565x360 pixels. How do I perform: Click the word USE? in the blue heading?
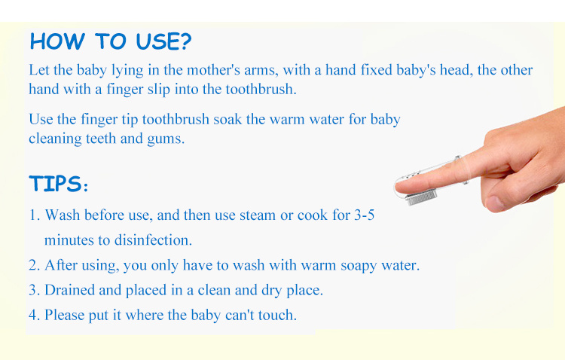click(164, 41)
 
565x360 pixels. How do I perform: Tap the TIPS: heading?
click(58, 184)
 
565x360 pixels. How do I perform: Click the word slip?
click(158, 90)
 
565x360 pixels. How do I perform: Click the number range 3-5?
click(365, 215)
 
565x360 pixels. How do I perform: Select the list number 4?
click(34, 316)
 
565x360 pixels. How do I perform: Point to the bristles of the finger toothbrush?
click(421, 198)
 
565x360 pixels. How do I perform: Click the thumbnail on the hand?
click(494, 203)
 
